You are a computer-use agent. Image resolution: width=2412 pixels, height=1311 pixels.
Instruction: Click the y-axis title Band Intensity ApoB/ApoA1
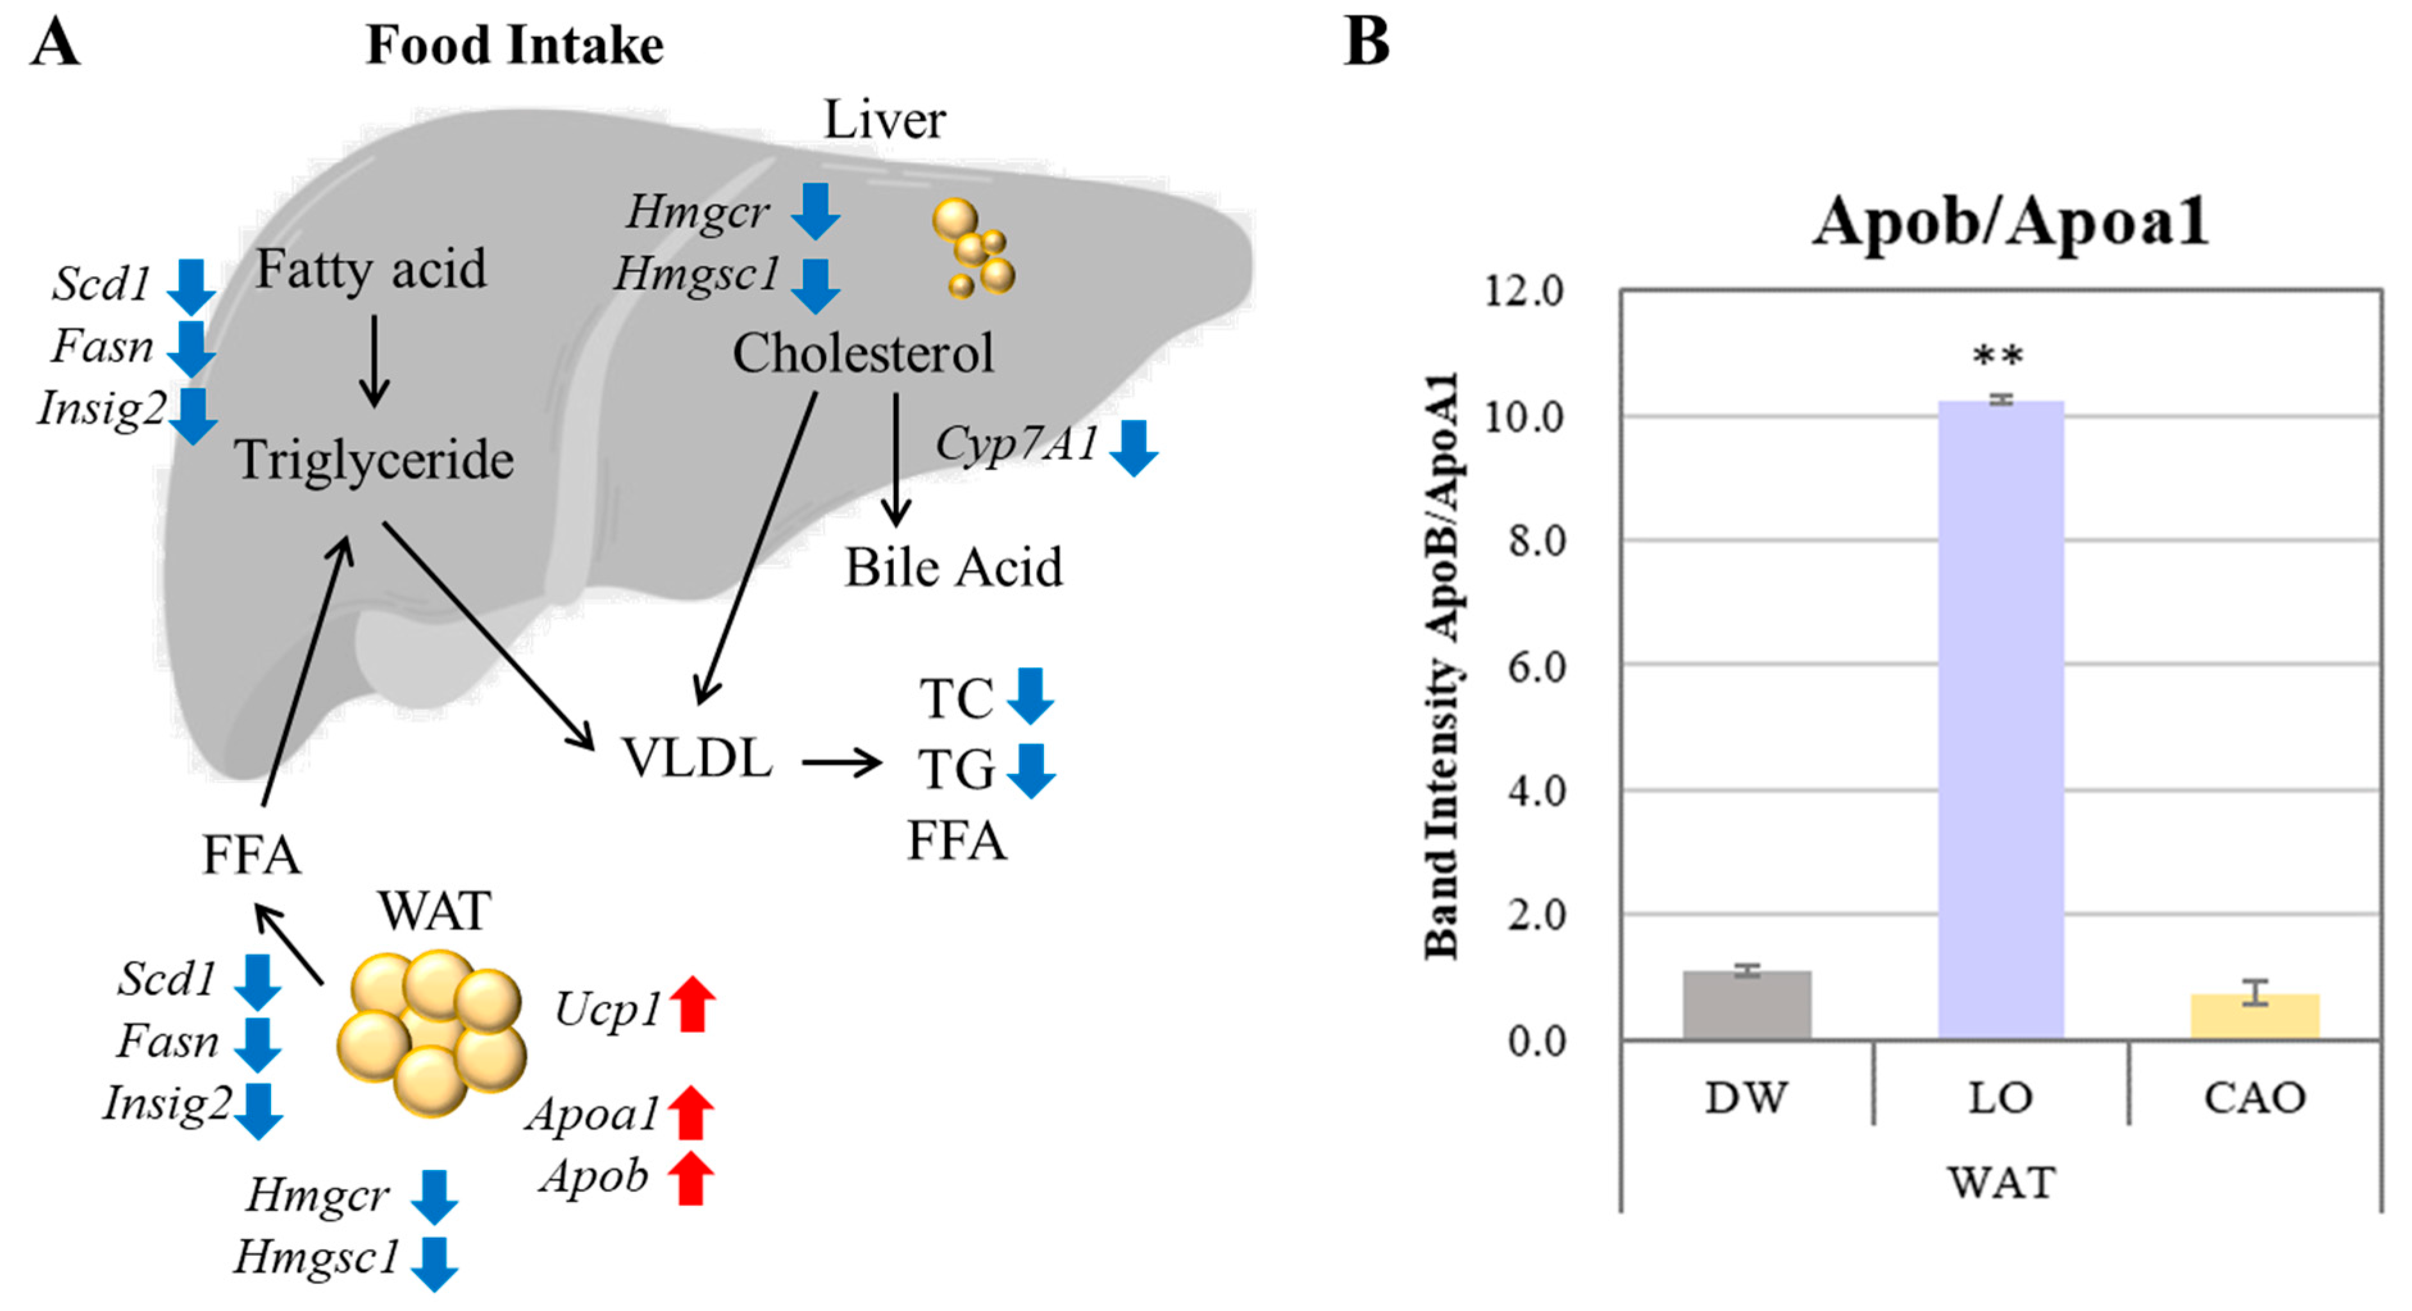[x=1441, y=666]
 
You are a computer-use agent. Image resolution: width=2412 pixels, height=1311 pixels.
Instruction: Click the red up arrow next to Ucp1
[x=692, y=1004]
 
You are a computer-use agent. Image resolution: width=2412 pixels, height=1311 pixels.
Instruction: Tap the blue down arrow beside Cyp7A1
[x=1133, y=448]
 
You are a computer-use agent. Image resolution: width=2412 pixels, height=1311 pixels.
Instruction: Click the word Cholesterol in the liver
[x=863, y=353]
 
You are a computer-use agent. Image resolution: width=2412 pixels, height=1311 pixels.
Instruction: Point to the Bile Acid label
[x=953, y=568]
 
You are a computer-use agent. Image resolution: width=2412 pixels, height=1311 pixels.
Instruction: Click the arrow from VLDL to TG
[x=841, y=763]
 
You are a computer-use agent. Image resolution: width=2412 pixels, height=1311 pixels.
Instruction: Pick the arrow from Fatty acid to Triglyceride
[x=374, y=361]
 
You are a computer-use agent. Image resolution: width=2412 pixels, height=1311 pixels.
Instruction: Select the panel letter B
[x=1366, y=42]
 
